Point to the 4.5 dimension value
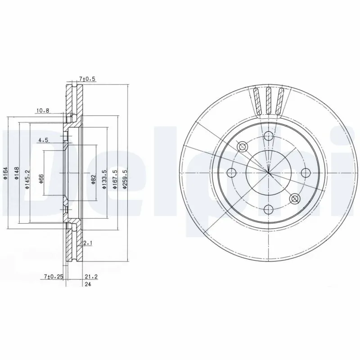(x=43, y=140)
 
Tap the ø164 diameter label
(x=4, y=173)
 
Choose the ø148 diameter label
(x=16, y=173)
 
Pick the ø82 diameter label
(x=94, y=179)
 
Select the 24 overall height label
(x=88, y=284)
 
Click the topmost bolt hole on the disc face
(x=269, y=136)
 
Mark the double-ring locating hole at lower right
(x=295, y=198)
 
